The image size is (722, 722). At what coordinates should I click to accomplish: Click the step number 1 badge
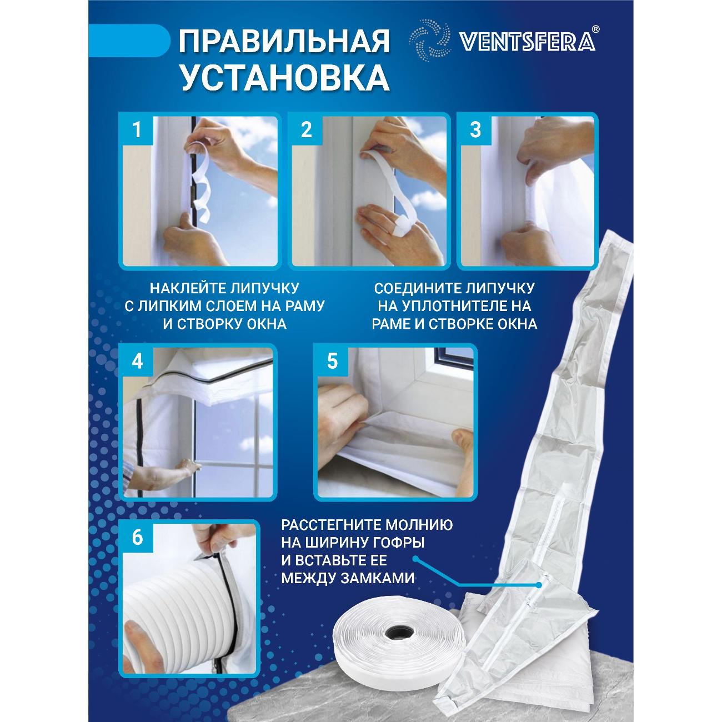coord(137,131)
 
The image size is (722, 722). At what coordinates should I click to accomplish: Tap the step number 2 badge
coord(306,131)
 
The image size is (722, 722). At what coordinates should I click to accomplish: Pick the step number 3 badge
coord(475,131)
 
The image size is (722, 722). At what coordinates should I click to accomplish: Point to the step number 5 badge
coord(332,362)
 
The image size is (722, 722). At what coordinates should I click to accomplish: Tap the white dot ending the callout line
coord(539,584)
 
